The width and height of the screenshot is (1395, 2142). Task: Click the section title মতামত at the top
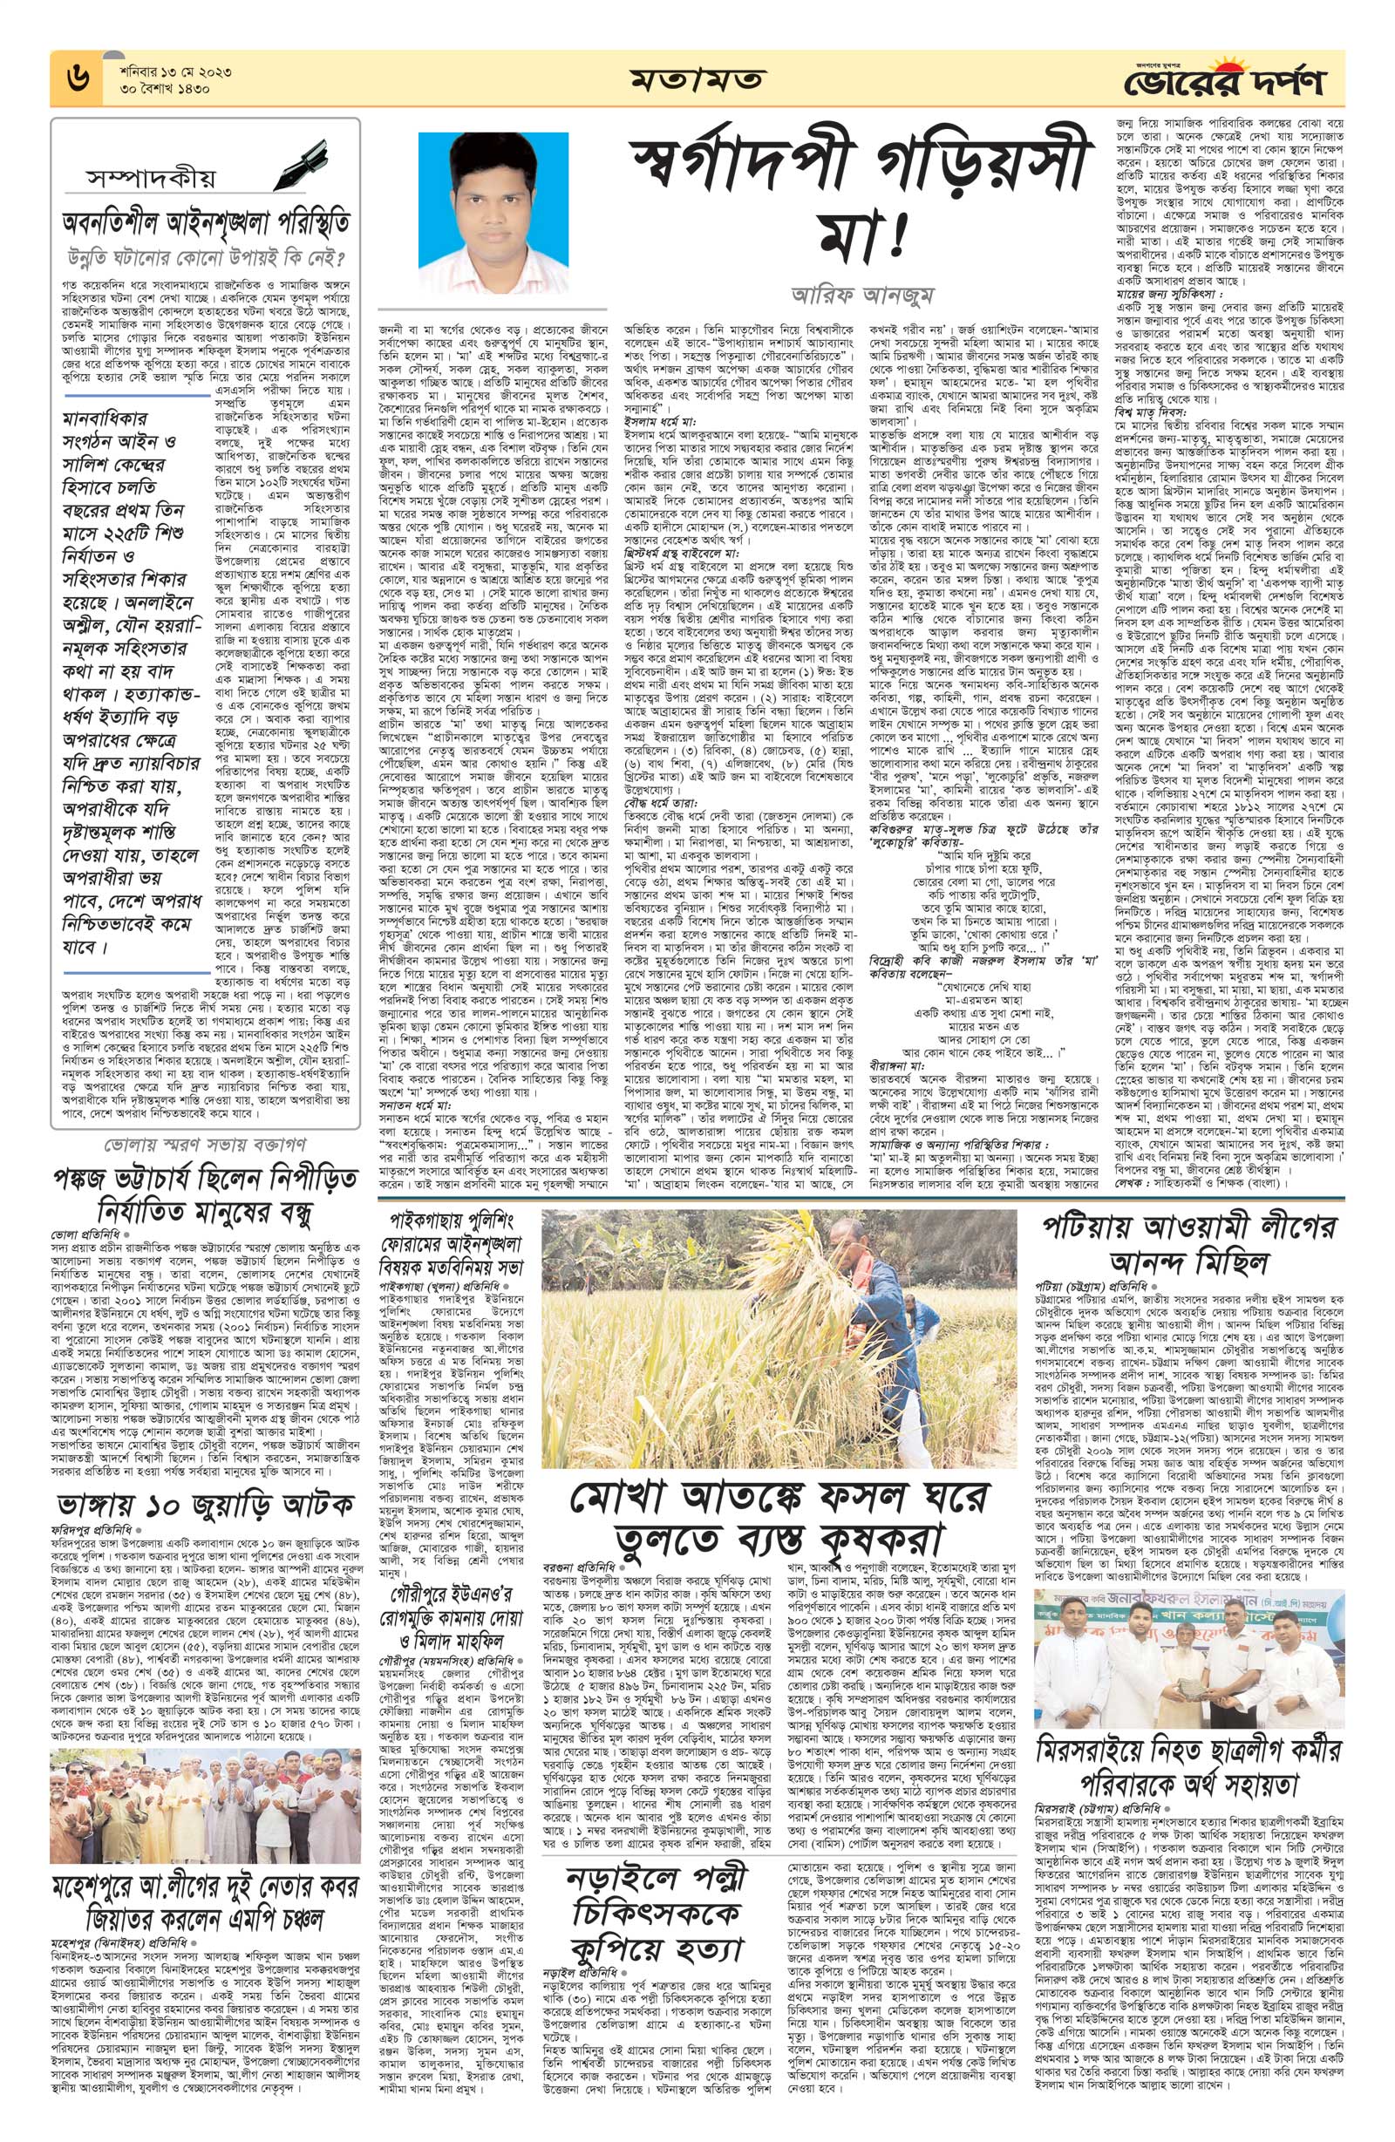point(697,82)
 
